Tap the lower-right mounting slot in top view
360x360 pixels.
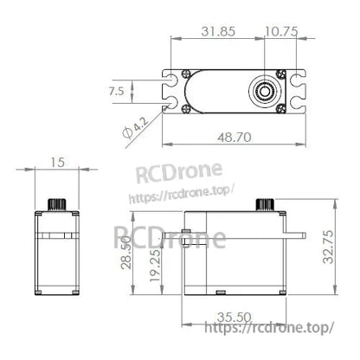pyautogui.click(x=298, y=106)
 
